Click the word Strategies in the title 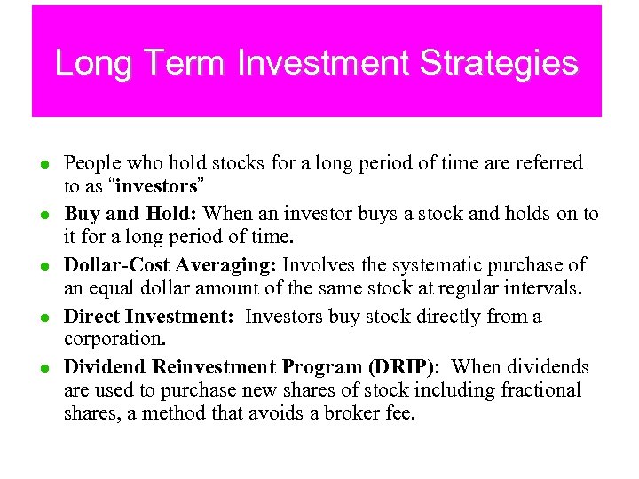click(x=499, y=64)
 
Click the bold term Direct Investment click(x=148, y=317)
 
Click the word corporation click(x=114, y=339)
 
